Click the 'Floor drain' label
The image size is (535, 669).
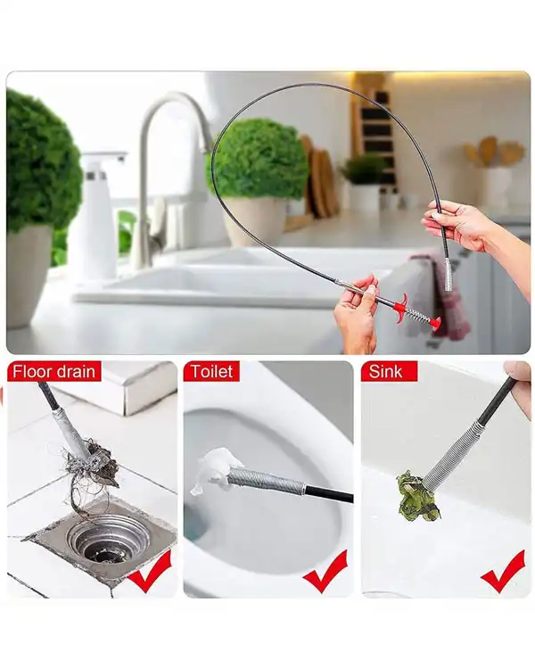53,371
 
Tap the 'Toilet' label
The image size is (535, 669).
211,371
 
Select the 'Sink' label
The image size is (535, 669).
385,371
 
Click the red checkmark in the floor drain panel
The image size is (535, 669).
150,571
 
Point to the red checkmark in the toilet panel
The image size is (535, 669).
325,571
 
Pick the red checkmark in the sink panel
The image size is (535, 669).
503,571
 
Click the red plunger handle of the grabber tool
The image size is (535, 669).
417,314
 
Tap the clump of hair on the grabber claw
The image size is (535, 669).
96,469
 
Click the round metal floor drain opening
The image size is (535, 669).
108,539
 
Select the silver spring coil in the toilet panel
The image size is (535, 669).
266,480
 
